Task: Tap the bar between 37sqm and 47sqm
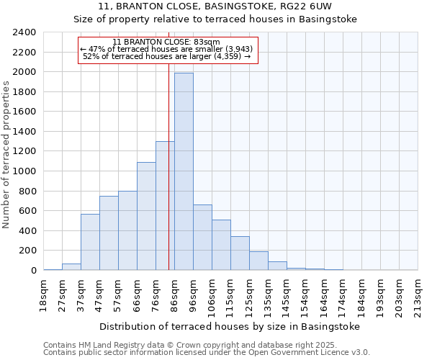pyautogui.click(x=90, y=242)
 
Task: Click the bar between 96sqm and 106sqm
pyautogui.click(x=202, y=238)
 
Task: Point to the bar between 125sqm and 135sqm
pyautogui.click(x=258, y=261)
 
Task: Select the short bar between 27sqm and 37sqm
pyautogui.click(x=71, y=266)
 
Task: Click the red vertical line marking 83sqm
pyautogui.click(x=168, y=180)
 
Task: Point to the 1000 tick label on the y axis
pyautogui.click(x=24, y=171)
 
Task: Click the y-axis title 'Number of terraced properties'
pyautogui.click(x=6, y=154)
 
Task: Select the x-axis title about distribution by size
pyautogui.click(x=229, y=326)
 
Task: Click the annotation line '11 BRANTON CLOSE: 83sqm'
pyautogui.click(x=166, y=42)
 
